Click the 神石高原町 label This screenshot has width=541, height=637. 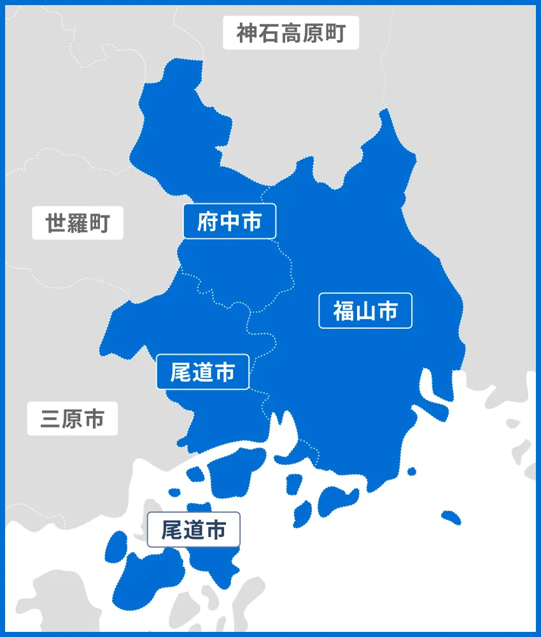point(291,32)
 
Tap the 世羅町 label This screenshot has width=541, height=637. point(78,223)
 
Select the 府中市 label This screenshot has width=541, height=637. point(229,221)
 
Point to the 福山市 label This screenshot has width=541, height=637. point(365,310)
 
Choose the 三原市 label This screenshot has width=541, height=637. point(72,419)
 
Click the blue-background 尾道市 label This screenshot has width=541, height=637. point(202,372)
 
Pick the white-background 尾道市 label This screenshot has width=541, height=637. point(193,529)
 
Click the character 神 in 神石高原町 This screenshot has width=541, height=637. point(248,32)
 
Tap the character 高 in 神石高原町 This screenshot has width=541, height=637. point(291,32)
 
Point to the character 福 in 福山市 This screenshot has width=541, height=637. point(344,310)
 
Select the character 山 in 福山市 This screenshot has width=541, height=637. point(365,310)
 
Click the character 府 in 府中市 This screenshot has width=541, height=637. point(207,221)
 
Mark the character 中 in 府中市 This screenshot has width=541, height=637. point(229,221)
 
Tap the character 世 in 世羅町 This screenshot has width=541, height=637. point(56,223)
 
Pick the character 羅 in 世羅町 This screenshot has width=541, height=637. point(78,223)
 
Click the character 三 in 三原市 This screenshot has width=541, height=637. point(51,419)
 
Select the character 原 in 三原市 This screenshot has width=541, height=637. point(72,419)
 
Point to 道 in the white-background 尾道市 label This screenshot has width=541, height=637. point(193,529)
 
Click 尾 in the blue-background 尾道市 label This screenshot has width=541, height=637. point(181,372)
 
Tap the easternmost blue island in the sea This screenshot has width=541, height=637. point(451,517)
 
